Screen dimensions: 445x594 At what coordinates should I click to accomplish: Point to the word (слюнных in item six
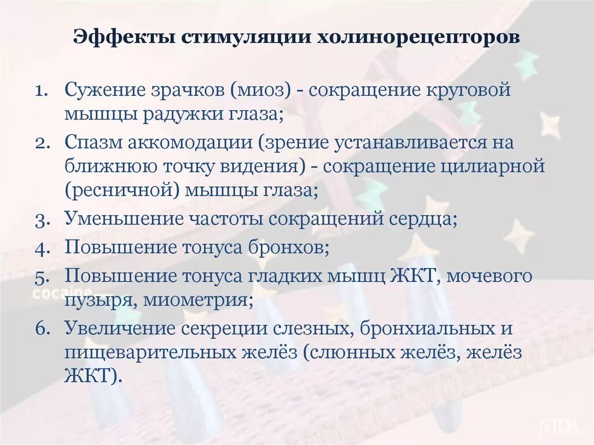349,352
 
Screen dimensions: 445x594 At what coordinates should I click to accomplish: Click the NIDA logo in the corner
559,426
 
